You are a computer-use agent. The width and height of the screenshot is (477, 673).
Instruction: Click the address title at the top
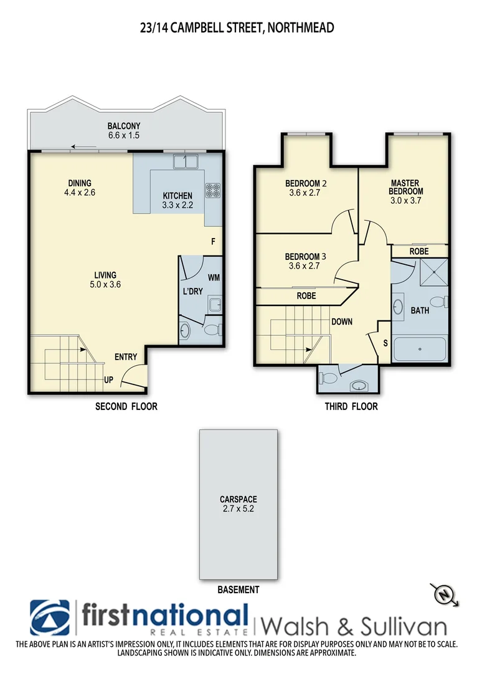click(238, 27)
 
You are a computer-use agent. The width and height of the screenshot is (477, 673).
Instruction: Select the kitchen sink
click(185, 161)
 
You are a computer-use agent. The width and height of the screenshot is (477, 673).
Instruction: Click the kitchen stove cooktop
click(214, 188)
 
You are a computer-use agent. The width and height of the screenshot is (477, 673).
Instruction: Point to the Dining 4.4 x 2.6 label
click(80, 188)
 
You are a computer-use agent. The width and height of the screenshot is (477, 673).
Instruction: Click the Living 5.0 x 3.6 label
click(105, 279)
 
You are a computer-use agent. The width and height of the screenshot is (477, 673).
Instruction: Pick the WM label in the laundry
click(213, 277)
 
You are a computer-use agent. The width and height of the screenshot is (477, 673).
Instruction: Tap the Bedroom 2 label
click(306, 188)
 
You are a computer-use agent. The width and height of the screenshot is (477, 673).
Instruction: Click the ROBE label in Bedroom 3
click(306, 295)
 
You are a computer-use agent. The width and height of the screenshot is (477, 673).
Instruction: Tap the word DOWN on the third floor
click(342, 322)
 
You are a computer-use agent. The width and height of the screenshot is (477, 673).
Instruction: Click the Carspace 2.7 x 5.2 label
click(238, 504)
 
